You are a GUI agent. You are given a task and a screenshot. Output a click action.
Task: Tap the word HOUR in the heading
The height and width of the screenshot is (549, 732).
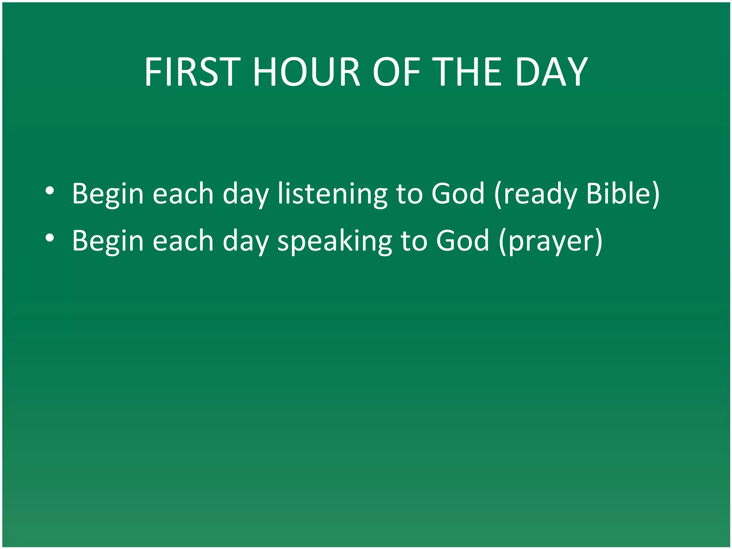coord(306,72)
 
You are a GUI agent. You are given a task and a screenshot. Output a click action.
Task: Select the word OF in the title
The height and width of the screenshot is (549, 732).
coord(396,72)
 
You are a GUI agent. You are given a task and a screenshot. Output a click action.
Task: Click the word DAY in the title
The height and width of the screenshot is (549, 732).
coord(551,72)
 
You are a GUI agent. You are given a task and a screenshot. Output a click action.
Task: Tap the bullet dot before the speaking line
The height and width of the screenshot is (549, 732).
coord(50,238)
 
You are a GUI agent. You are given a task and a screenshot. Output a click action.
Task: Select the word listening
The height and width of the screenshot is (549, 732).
coord(332,194)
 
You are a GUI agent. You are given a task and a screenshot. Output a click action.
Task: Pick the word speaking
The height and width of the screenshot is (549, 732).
coord(335,241)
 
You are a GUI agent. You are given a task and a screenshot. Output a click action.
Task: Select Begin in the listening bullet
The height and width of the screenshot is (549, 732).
coord(108,194)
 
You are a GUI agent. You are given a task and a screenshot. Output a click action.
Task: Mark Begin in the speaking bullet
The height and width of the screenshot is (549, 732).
coord(108,241)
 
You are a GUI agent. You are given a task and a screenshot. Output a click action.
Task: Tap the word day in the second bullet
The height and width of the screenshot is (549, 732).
coord(246,242)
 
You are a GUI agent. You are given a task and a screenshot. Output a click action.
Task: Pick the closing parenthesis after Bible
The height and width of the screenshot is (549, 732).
coord(656,194)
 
